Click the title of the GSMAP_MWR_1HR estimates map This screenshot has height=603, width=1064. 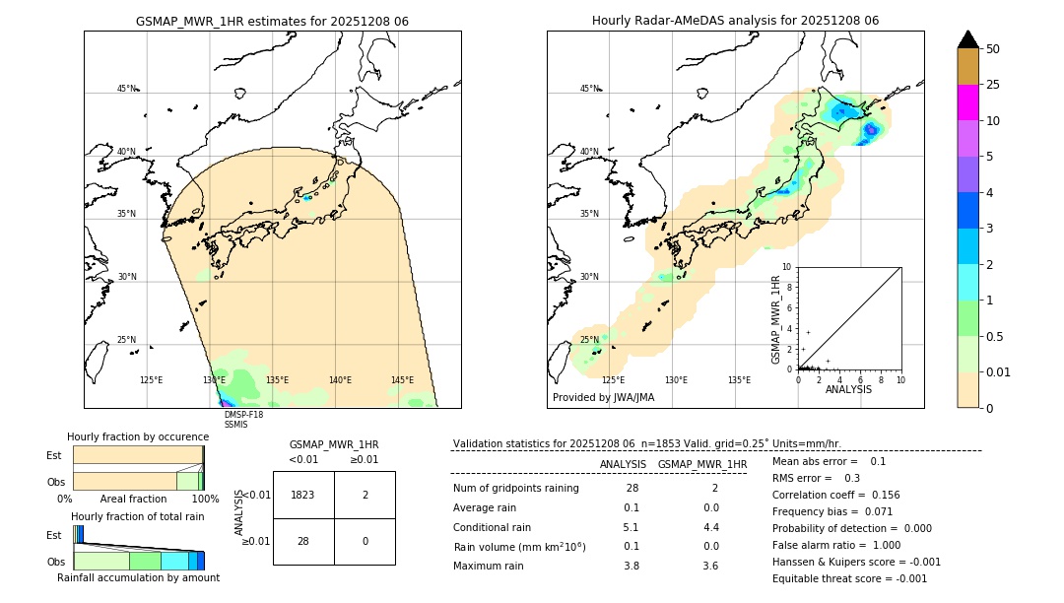(272, 21)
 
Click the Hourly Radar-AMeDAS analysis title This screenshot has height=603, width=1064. (735, 21)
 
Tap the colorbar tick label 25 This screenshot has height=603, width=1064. (993, 85)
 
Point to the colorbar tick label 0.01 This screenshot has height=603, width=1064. (999, 372)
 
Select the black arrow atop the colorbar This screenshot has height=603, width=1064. (968, 39)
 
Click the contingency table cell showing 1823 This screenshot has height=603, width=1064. (303, 496)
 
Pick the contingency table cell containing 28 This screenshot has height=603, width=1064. (303, 541)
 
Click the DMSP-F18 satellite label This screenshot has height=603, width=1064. (243, 415)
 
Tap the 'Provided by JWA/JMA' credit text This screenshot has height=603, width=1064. (603, 398)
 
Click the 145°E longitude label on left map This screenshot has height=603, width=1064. (402, 380)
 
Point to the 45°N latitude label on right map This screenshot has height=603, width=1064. (589, 89)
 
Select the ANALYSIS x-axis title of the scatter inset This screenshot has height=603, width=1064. (848, 390)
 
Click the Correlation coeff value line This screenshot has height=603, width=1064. (835, 495)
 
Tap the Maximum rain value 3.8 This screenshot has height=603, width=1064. (631, 566)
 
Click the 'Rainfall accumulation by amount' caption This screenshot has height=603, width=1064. (138, 578)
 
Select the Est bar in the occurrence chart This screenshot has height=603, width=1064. (138, 454)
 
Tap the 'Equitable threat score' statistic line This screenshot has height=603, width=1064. (849, 578)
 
